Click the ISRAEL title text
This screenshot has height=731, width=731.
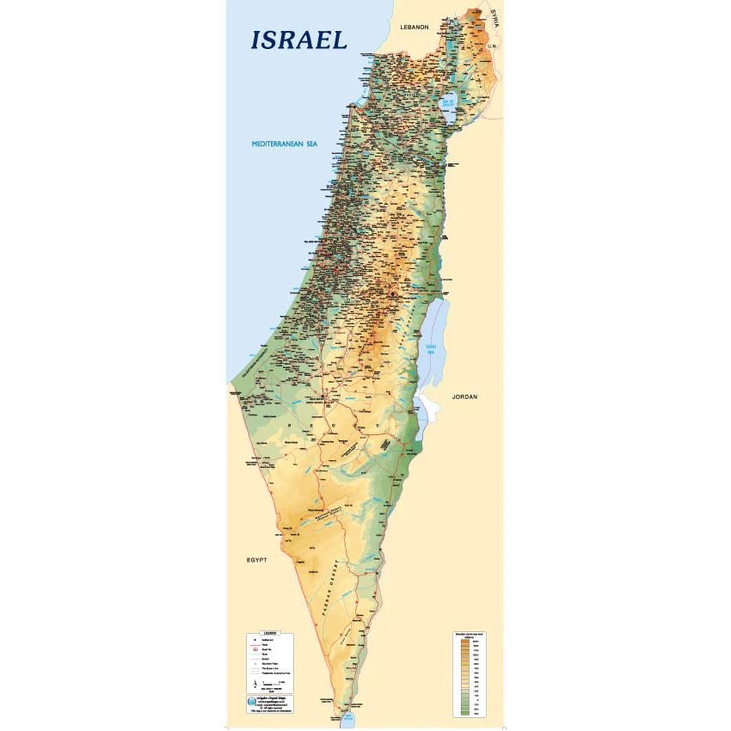(x=298, y=40)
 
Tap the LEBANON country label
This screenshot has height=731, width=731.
(x=414, y=28)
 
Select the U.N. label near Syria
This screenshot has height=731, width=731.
(x=493, y=45)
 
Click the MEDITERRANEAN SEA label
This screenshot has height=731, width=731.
(x=278, y=144)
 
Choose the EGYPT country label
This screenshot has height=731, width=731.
(x=256, y=559)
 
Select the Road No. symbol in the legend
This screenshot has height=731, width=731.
(x=255, y=650)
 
